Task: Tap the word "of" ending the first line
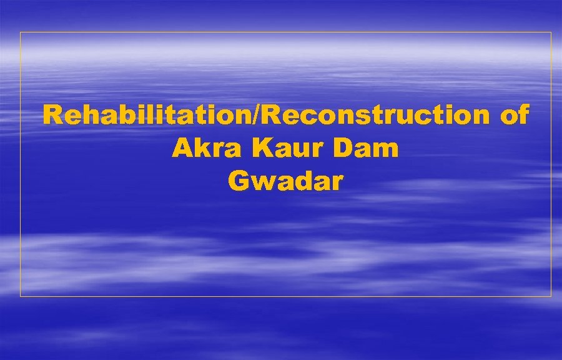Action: [x=515, y=116]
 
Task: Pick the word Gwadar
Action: [x=285, y=181]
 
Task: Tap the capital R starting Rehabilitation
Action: [x=52, y=116]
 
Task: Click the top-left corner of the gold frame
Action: [x=21, y=32]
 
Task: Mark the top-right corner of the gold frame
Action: [x=551, y=32]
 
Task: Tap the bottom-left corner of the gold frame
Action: [x=21, y=296]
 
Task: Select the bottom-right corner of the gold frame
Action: [x=551, y=296]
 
